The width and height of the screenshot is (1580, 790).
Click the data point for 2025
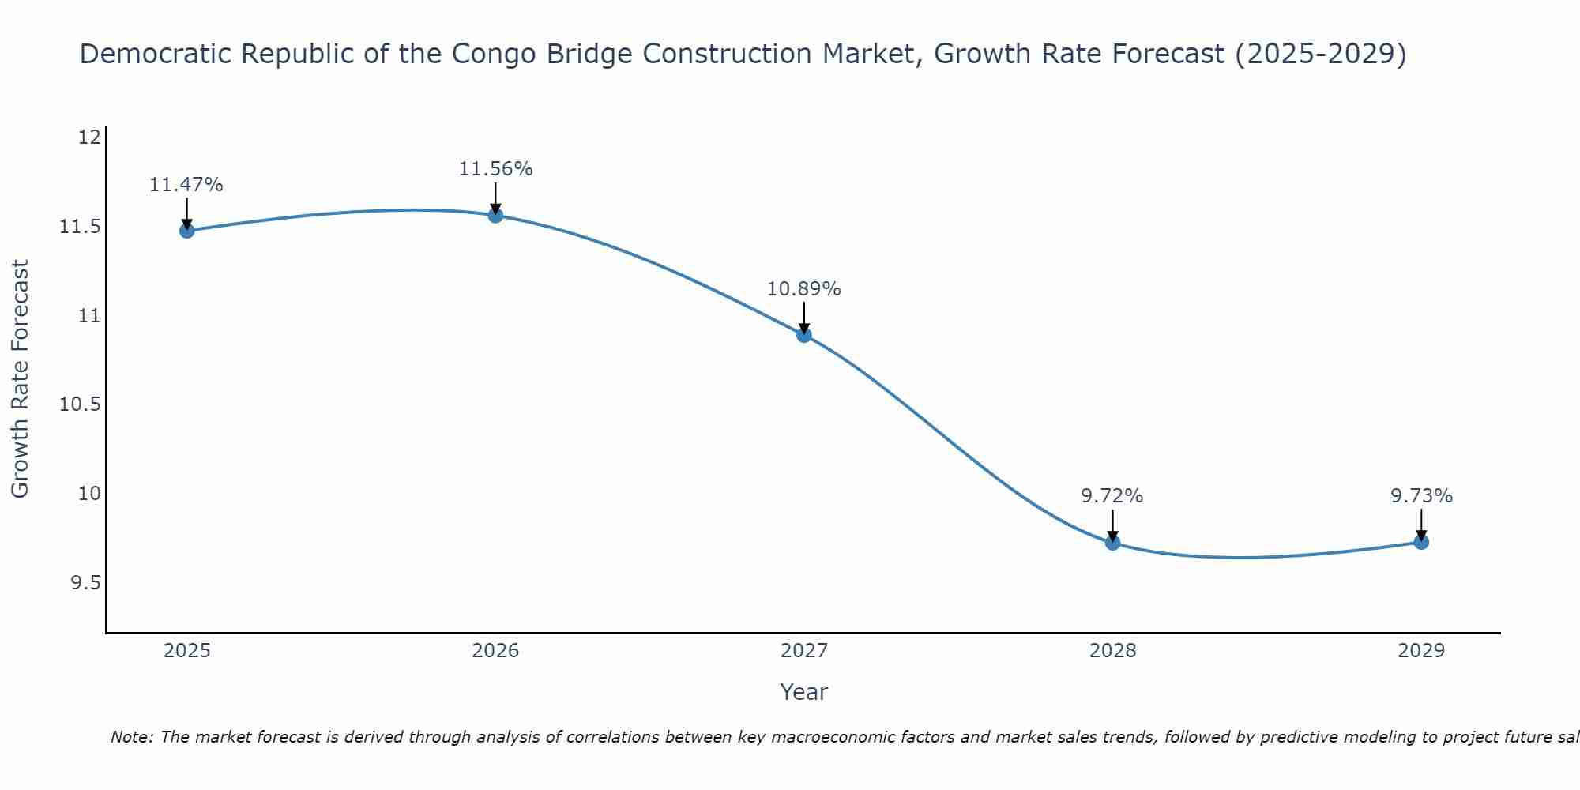tap(187, 231)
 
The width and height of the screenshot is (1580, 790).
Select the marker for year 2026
tap(495, 215)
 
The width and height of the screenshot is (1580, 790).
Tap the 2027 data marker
tap(804, 335)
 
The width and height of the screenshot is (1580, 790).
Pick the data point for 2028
tap(1112, 543)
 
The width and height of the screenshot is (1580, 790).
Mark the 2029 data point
tap(1421, 542)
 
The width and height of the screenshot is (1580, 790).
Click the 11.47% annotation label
tap(186, 185)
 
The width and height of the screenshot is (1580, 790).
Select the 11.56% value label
tap(495, 169)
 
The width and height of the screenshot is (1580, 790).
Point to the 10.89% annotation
tap(804, 289)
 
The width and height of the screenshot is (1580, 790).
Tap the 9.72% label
tap(1112, 496)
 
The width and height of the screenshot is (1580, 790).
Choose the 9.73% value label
tap(1421, 496)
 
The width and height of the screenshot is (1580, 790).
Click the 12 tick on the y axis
tap(89, 137)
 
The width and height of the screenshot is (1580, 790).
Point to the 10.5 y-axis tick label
tap(81, 404)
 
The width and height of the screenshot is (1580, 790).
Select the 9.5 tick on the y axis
tap(85, 583)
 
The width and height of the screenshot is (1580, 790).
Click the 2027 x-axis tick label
tap(804, 651)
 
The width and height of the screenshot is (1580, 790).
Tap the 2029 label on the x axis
tap(1421, 651)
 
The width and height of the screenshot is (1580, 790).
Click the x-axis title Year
tap(804, 692)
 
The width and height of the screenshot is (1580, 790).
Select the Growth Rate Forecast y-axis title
tap(21, 379)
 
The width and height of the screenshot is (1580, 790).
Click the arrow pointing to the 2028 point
tap(1112, 525)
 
